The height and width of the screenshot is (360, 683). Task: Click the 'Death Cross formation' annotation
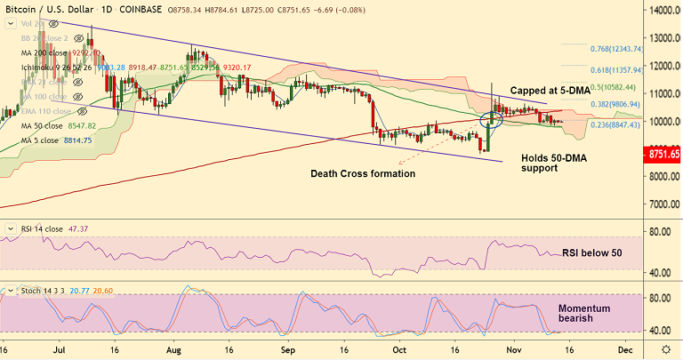click(363, 173)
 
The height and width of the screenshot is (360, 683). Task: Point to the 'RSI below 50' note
click(591, 253)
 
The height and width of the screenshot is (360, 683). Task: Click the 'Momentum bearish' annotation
click(584, 313)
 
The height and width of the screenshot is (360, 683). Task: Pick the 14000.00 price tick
click(660, 12)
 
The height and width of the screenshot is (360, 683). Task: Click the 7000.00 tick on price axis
click(660, 204)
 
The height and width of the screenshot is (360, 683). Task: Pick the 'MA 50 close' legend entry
click(52, 126)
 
